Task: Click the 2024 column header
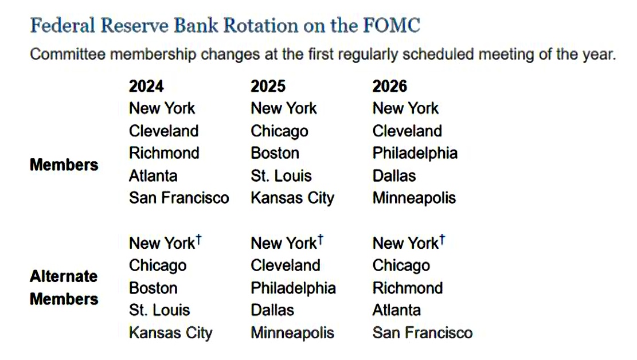[146, 86]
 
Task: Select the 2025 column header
[268, 86]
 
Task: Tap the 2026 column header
[389, 86]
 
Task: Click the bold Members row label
[64, 165]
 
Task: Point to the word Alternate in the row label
[64, 276]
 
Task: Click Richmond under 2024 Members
[164, 153]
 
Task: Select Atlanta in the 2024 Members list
[153, 176]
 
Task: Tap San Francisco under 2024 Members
[179, 198]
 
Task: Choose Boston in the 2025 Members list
[275, 153]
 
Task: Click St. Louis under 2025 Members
[281, 176]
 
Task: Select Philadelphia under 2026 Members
[415, 153]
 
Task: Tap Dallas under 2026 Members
[394, 176]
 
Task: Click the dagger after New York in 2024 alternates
[198, 240]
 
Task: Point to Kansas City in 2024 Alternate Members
[171, 333]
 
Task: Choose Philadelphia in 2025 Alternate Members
[294, 288]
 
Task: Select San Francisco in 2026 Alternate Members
[423, 333]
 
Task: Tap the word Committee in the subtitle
[68, 54]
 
